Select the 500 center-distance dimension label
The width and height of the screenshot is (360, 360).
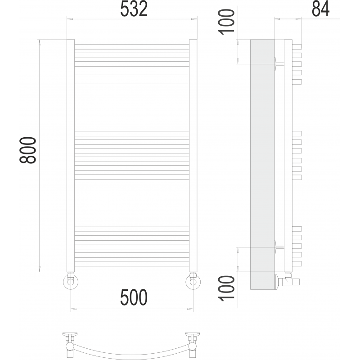point(134,297)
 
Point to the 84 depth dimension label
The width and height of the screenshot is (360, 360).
point(320,9)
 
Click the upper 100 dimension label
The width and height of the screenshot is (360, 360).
point(227,22)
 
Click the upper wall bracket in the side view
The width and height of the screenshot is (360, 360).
point(279,64)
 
